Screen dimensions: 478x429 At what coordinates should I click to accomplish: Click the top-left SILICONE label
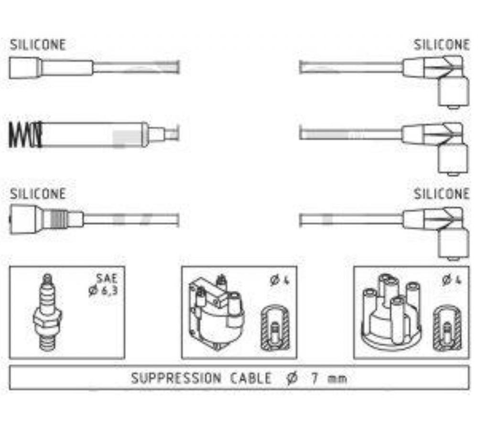[x=38, y=45]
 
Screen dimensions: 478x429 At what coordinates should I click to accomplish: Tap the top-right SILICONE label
[x=441, y=45]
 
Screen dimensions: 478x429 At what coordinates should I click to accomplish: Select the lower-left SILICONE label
[x=38, y=194]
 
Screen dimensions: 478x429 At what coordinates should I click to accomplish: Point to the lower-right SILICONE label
[x=441, y=194]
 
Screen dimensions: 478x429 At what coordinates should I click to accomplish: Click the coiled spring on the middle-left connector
[x=25, y=134]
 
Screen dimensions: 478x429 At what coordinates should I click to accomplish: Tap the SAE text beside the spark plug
[x=107, y=278]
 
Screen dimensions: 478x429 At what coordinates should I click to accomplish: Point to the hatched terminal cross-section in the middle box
[x=275, y=328]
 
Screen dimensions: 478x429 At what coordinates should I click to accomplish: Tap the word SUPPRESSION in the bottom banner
[x=176, y=378]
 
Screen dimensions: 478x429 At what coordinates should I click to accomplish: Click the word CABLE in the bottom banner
[x=250, y=378]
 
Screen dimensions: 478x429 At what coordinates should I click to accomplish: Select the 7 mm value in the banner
[x=329, y=378]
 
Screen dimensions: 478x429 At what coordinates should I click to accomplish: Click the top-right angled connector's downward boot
[x=453, y=91]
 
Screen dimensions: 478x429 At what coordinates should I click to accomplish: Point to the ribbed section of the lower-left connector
[x=58, y=219]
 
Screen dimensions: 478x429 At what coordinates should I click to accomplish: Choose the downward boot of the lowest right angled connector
[x=453, y=244]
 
